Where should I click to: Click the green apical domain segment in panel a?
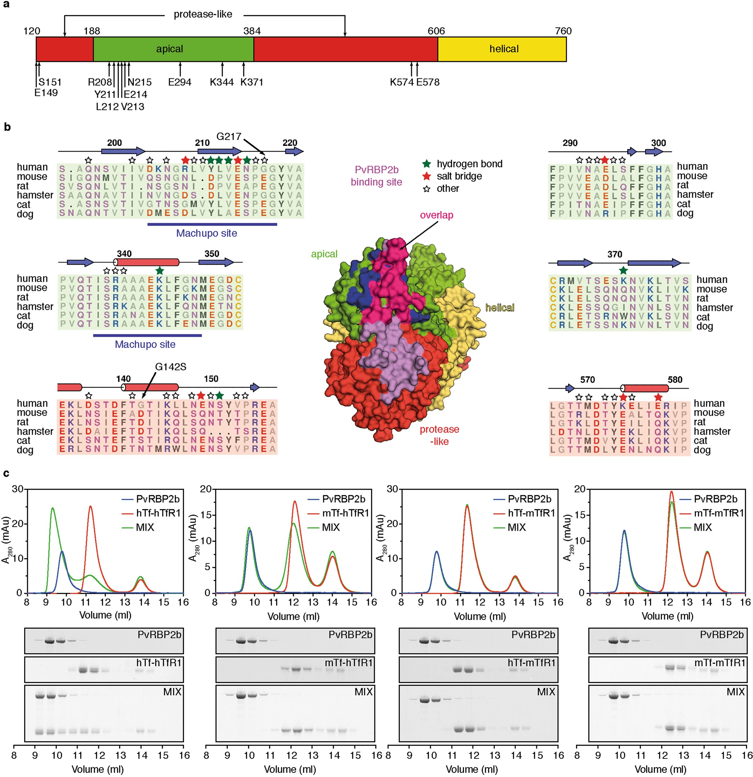tap(170, 49)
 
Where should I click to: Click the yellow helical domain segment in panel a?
tap(503, 49)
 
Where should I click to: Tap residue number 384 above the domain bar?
tap(252, 31)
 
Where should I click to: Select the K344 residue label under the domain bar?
tap(221, 82)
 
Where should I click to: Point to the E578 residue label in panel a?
tap(428, 82)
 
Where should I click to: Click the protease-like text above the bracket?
tap(203, 15)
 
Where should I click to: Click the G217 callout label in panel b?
tap(229, 137)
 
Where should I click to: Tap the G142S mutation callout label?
tap(170, 367)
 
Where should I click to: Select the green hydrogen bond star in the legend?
tap(426, 164)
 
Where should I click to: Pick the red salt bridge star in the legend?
tap(426, 176)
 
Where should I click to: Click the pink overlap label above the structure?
tap(436, 215)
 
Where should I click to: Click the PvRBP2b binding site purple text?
tap(376, 176)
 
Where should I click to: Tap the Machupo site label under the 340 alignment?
tap(145, 344)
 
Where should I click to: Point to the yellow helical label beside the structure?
tap(499, 308)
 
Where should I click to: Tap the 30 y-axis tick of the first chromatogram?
tap(17, 489)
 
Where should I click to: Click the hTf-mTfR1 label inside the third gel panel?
tap(531, 663)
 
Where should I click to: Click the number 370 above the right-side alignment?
tap(614, 254)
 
